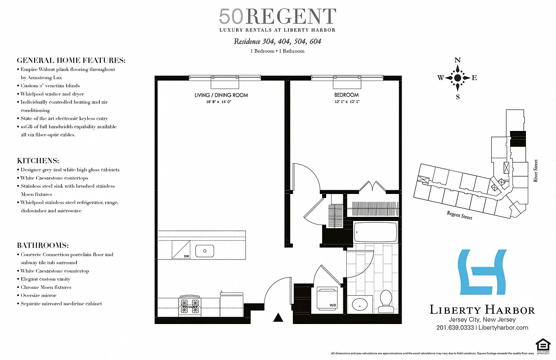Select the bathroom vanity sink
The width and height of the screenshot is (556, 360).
click(360, 305)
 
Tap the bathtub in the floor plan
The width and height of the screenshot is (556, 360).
click(376, 233)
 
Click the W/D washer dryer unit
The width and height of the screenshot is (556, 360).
click(327, 297)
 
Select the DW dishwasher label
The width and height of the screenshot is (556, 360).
click(187, 256)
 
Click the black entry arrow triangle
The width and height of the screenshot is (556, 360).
click(278, 318)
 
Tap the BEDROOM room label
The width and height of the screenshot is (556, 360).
click(346, 95)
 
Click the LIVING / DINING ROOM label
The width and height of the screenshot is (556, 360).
click(221, 95)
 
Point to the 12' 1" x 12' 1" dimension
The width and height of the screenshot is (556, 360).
click(346, 102)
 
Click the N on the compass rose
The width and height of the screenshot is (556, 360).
click(457, 60)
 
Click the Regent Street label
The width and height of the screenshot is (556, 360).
click(459, 216)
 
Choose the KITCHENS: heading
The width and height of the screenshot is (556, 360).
click(38, 161)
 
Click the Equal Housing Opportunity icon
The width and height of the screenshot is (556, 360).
click(543, 346)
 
